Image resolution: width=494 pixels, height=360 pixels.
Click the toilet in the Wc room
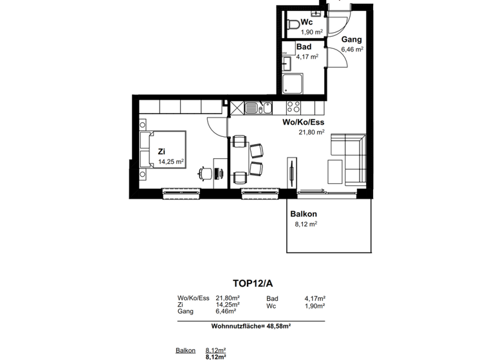coord(293,25)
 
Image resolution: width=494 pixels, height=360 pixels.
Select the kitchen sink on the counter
coord(264,108)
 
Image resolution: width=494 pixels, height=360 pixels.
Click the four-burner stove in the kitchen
coord(293,108)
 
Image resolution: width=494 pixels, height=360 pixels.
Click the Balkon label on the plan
coord(304,214)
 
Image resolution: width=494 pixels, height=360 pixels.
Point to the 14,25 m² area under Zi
coord(170,161)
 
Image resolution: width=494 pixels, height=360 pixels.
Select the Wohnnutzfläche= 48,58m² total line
coord(251,326)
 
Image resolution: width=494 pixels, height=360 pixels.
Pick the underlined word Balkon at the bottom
coord(185,350)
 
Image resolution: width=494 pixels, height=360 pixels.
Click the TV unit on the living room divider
coord(293,172)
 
